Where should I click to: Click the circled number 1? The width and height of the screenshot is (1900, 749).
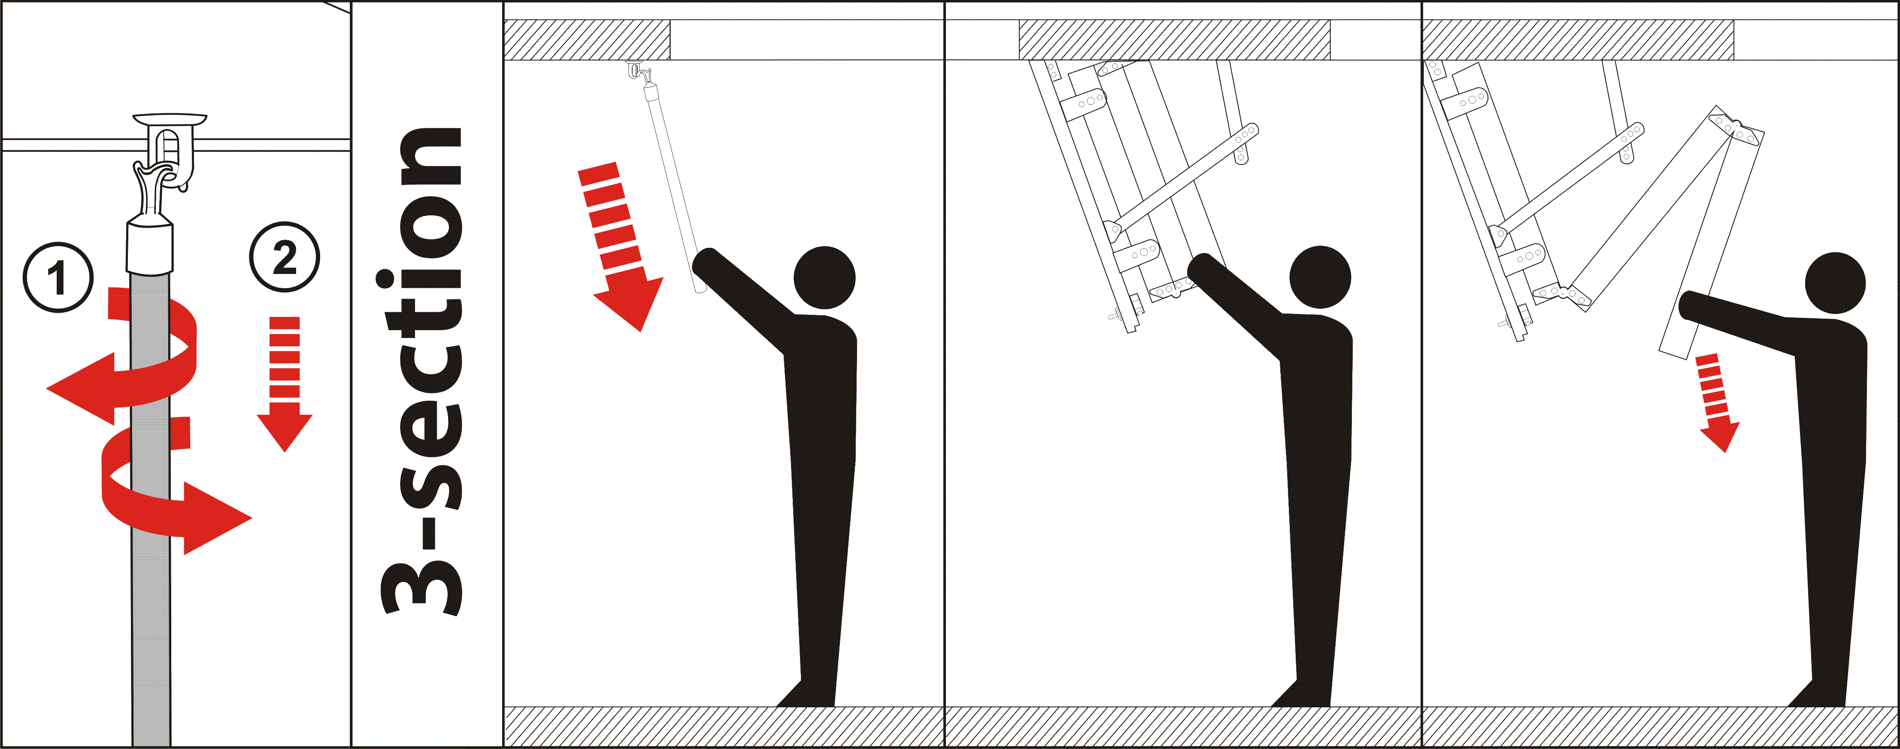58,277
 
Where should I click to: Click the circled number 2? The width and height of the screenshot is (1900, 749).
285,257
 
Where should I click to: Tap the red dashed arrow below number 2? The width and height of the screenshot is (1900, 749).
285,384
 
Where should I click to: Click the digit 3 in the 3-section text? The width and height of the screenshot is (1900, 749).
422,588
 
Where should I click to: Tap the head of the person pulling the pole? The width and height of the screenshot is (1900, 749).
824,277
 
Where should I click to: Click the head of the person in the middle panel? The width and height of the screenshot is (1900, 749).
1320,277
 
